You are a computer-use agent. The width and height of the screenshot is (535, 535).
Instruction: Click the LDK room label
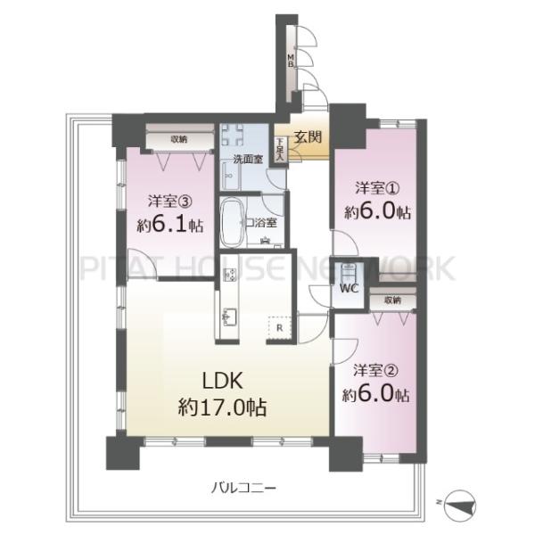tap(222, 381)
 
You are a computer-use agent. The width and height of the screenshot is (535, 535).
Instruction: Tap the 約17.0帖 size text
tap(222, 407)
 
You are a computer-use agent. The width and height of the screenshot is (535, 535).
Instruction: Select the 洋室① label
tap(377, 188)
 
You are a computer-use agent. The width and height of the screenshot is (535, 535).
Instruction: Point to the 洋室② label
tap(375, 371)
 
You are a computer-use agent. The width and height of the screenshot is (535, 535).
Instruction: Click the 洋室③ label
tap(170, 202)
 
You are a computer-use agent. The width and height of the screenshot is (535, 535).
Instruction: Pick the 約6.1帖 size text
tap(170, 225)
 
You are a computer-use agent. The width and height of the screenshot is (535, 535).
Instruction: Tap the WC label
tap(349, 289)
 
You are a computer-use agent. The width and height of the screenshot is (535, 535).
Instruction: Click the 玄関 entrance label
tap(309, 137)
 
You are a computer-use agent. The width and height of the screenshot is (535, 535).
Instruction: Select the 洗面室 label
tap(248, 159)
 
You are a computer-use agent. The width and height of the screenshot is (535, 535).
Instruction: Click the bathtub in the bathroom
tap(232, 223)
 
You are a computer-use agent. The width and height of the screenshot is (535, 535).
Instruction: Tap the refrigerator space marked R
tap(279, 328)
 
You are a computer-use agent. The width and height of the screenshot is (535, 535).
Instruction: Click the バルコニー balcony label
tap(243, 489)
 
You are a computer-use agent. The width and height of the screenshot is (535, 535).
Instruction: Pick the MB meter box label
tap(291, 60)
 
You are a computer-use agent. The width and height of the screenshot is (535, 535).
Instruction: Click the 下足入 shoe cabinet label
tap(280, 149)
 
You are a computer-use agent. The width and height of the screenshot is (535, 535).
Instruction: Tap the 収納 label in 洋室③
tap(179, 139)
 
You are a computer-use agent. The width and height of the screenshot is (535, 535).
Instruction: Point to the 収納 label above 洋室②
tap(392, 300)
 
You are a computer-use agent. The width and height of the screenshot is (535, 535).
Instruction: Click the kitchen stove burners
tap(229, 275)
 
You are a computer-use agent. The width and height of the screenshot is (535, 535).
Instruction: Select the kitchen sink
tap(229, 317)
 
